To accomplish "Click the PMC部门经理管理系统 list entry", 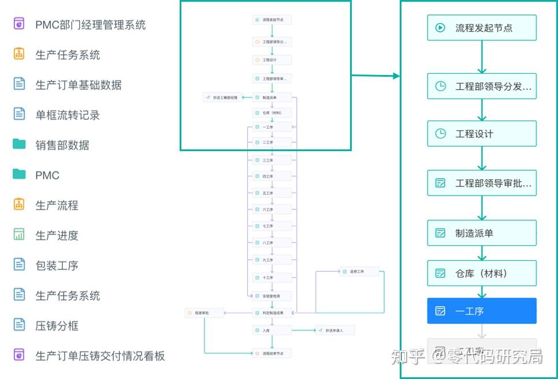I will click(90, 25).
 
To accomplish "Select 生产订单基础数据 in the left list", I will click(78, 85).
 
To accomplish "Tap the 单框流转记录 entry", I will click(67, 115).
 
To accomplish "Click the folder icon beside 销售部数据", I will click(19, 144).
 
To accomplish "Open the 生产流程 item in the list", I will click(57, 205).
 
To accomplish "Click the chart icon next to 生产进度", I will click(19, 235).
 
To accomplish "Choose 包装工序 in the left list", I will click(57, 266).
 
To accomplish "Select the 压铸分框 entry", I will click(57, 326).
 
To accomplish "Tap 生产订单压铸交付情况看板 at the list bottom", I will click(99, 356).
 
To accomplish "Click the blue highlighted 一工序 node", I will click(482, 311).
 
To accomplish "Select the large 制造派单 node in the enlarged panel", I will click(482, 233).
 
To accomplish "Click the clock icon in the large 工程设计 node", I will click(440, 134).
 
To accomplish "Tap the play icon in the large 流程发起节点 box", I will click(440, 27).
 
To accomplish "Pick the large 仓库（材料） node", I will click(482, 273).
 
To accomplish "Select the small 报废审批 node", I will click(204, 313).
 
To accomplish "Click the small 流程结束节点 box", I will click(272, 352).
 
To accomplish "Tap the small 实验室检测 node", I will click(272, 296).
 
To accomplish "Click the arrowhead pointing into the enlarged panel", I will click(396, 76).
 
